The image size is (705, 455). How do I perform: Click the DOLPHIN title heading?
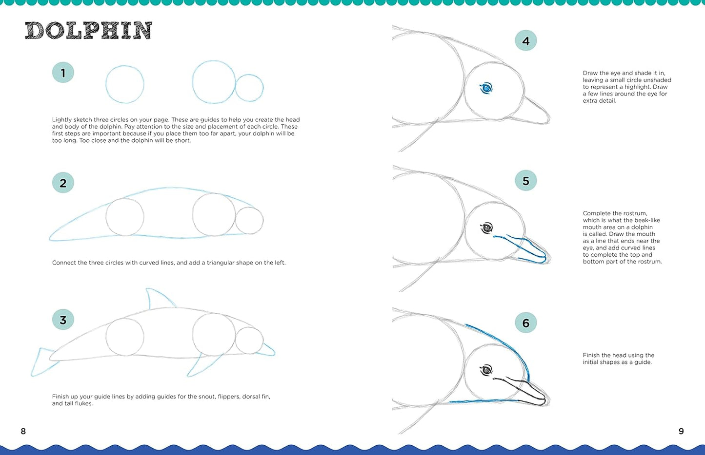coord(88,31)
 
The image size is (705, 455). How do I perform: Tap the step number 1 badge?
coord(63,73)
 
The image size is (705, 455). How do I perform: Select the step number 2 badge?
coord(63,183)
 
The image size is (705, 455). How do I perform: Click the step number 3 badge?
coord(63,320)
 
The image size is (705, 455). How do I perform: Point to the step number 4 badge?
coord(525,41)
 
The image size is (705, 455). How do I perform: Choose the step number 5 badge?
coord(525,181)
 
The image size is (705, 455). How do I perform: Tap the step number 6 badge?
coord(525,323)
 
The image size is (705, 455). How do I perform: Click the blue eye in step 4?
coord(486,88)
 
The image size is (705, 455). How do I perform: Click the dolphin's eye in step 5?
coord(486,228)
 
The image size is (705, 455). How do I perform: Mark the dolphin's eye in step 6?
coord(486,370)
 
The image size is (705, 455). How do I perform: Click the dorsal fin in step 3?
coord(158,299)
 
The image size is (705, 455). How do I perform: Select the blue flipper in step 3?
coord(200,365)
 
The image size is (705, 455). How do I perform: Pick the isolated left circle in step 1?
coord(125,84)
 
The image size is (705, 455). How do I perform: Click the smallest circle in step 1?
coord(249,88)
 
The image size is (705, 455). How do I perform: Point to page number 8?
coord(23,431)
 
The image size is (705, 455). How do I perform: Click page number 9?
coord(681,431)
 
